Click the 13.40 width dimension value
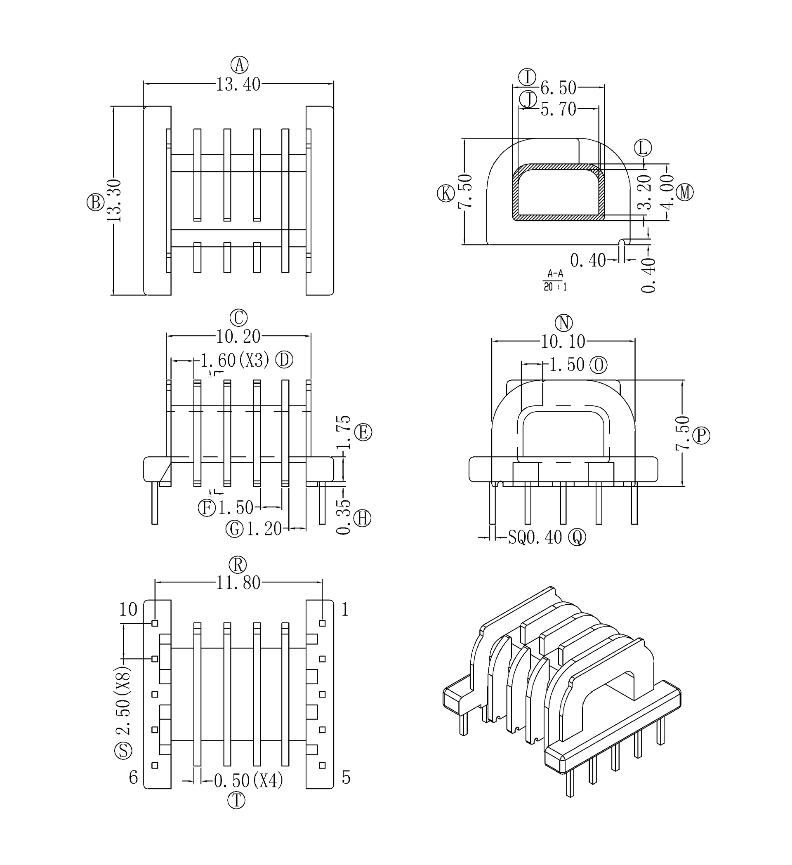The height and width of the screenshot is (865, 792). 238,85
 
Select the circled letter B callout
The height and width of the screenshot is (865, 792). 95,202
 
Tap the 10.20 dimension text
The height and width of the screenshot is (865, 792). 238,337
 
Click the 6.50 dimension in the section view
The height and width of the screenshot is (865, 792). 558,88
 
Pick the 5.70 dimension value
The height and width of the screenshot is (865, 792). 558,109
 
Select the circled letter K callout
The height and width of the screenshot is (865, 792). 446,193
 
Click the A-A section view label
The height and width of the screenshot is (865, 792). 555,273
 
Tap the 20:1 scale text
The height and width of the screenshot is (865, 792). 555,287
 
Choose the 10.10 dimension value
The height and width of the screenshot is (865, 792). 563,342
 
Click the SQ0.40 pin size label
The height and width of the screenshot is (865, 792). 535,537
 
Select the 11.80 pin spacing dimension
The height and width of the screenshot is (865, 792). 238,583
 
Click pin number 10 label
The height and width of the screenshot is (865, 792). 128,609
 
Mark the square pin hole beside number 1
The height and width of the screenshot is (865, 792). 322,623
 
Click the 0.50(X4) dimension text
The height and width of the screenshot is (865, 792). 248,780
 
